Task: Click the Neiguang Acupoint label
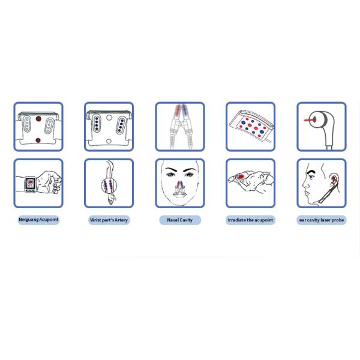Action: (38, 220)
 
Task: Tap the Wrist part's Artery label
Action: (109, 220)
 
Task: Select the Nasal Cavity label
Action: (180, 220)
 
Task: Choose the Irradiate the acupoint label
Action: (250, 220)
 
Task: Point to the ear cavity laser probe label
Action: (322, 220)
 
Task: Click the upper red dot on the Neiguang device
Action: (38, 119)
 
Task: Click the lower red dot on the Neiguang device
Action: (38, 140)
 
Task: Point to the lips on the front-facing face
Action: (180, 194)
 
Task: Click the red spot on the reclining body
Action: (241, 177)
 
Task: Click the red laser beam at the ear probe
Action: (308, 120)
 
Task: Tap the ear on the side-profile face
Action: (334, 179)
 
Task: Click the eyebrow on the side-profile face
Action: (312, 172)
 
